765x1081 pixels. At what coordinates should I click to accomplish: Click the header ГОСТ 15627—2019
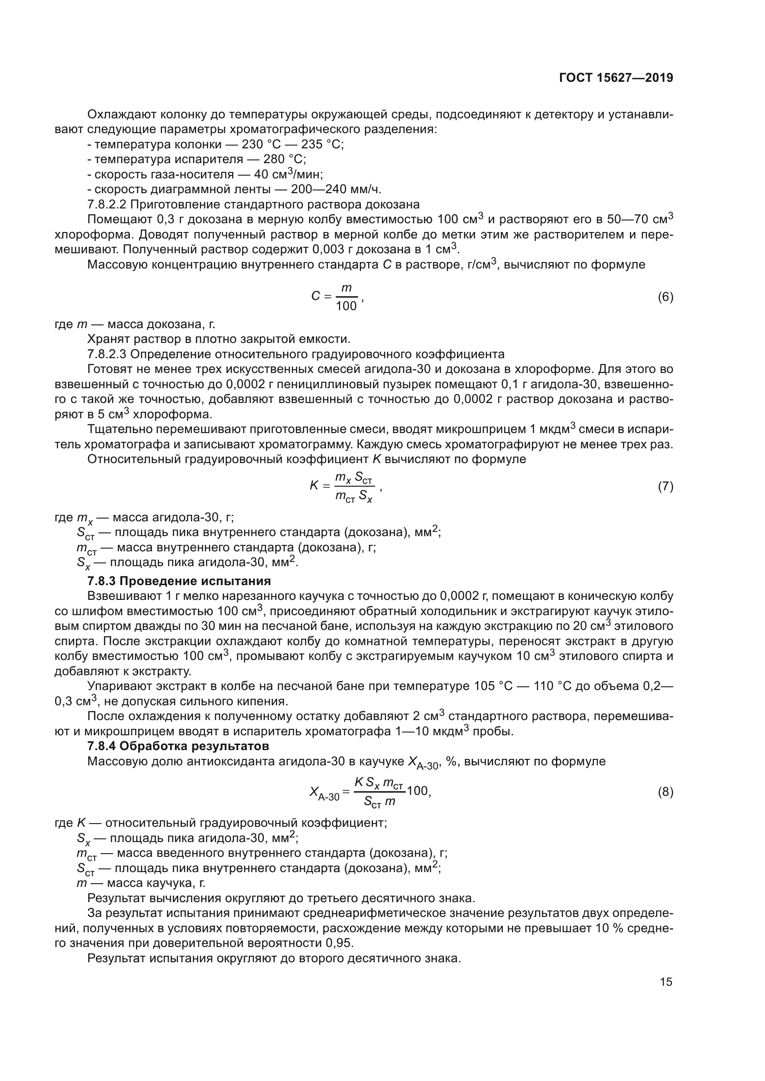616,78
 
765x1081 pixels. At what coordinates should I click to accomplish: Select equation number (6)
665,297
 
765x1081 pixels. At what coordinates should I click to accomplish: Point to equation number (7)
665,486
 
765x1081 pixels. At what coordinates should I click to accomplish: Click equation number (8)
665,793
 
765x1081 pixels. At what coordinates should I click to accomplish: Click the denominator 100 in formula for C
346,306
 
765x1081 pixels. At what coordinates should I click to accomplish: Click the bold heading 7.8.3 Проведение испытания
179,580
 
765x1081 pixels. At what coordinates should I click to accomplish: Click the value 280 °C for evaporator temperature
284,159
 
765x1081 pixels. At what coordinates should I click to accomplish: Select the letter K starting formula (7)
314,485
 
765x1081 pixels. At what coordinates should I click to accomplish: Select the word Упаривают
118,686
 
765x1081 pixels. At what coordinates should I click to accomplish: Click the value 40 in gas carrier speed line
260,174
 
